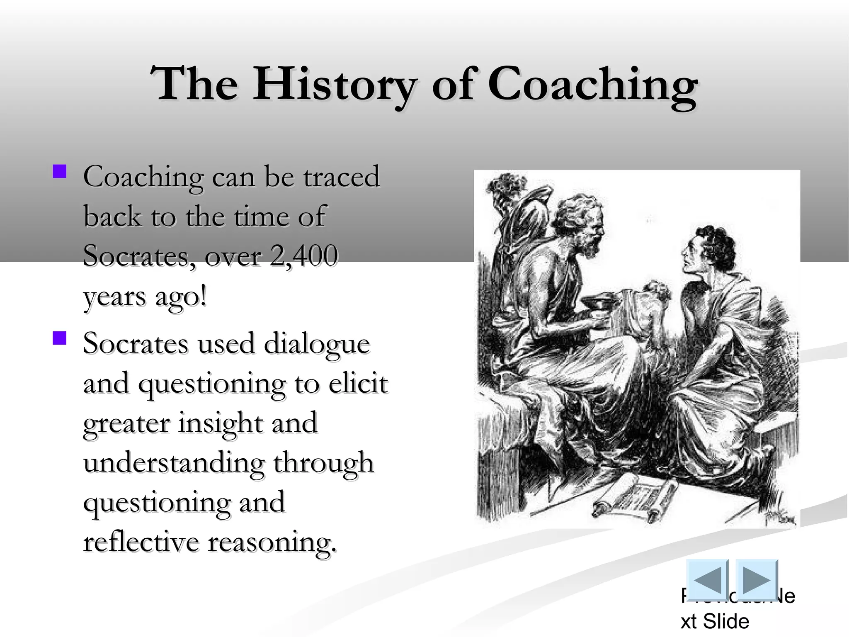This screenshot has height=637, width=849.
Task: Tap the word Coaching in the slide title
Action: point(592,85)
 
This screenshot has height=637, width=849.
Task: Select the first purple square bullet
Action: point(60,172)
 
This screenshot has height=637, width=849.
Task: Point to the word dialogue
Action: point(316,344)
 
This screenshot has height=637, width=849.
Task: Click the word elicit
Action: point(358,384)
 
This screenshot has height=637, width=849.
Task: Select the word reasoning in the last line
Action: point(272,542)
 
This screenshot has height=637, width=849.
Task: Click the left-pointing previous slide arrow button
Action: point(707,580)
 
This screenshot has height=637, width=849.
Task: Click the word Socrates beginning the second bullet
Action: point(135,344)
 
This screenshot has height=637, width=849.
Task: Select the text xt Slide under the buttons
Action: point(715,621)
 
